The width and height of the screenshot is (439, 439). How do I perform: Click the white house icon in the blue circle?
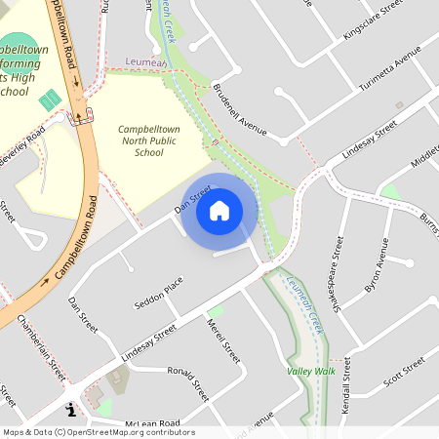(219, 210)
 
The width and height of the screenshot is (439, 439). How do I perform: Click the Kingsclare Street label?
(373, 20)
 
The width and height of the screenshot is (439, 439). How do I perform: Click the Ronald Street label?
(188, 384)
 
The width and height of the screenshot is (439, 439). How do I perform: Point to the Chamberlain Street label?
(41, 353)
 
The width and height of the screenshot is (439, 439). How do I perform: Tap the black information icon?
(70, 411)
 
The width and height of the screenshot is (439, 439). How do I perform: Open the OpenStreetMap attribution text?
(99, 432)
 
